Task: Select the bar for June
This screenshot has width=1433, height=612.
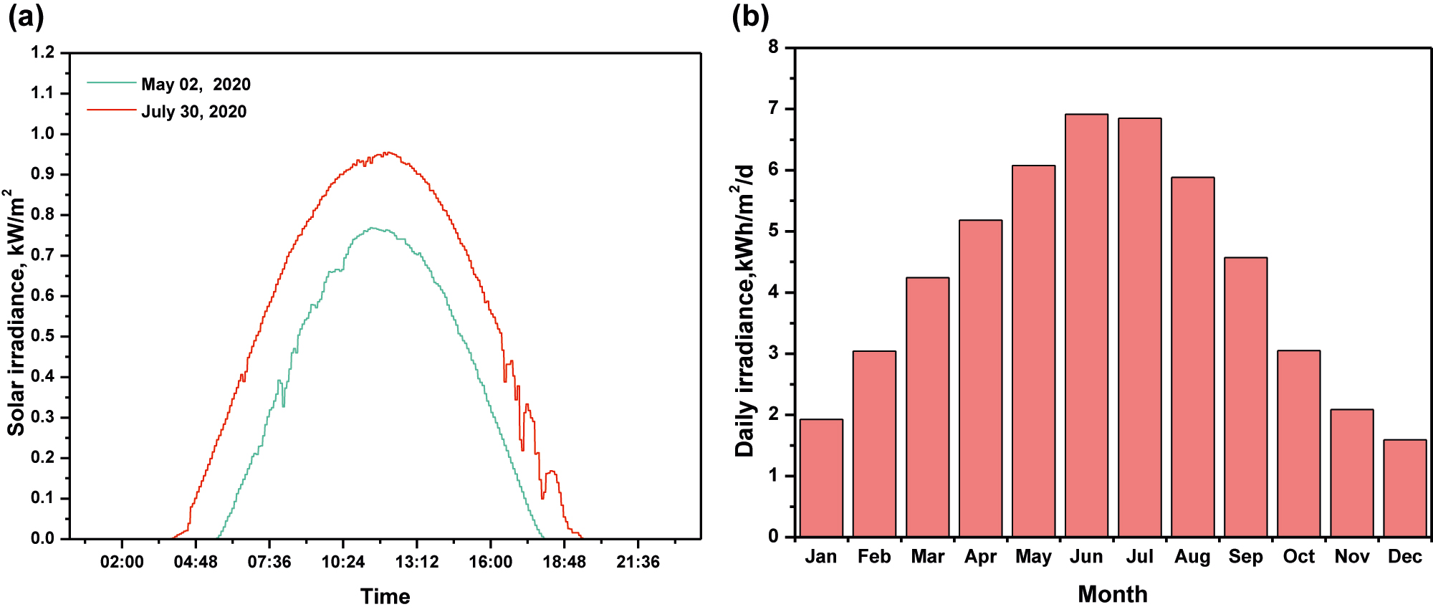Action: point(1086,326)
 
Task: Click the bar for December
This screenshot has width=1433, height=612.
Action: point(1404,489)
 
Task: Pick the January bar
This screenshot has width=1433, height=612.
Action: point(821,478)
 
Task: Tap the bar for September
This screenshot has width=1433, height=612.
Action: point(1245,398)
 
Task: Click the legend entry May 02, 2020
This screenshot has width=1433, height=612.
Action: point(196,85)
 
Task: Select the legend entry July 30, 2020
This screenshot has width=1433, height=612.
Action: point(193,112)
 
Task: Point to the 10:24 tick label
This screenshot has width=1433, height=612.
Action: point(342,562)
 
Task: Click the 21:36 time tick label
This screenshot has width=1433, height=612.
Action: point(638,562)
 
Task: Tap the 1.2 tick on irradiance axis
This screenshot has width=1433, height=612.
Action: point(42,52)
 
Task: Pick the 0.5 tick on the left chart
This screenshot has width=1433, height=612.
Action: point(42,336)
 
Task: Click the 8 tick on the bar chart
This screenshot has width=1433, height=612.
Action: point(773,47)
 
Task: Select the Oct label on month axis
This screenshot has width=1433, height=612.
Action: point(1298,557)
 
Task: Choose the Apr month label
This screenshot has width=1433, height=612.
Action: point(980,557)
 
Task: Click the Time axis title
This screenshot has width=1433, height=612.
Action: point(385,596)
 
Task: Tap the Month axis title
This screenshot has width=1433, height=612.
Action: point(1112,594)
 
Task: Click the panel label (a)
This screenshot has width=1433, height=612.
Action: point(26,16)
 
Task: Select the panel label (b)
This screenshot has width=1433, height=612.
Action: point(750,16)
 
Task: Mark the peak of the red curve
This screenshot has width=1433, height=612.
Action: point(386,153)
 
